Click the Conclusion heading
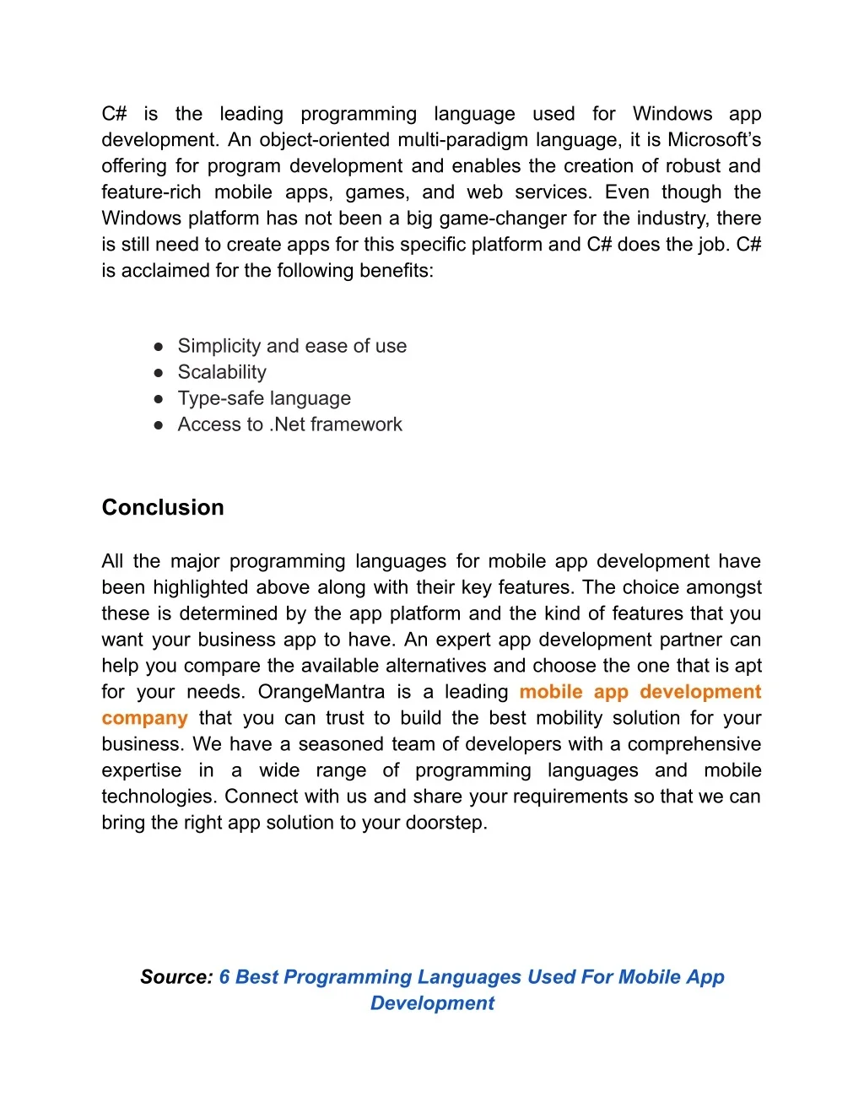point(163,507)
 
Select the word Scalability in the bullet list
point(222,372)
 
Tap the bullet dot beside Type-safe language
point(159,399)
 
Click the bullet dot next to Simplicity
point(159,347)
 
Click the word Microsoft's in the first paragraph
point(714,140)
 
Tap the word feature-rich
point(151,192)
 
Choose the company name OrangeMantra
point(321,692)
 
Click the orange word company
point(144,718)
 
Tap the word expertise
point(141,770)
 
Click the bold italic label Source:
point(176,977)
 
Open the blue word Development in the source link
point(432,1003)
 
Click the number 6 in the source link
point(224,977)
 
